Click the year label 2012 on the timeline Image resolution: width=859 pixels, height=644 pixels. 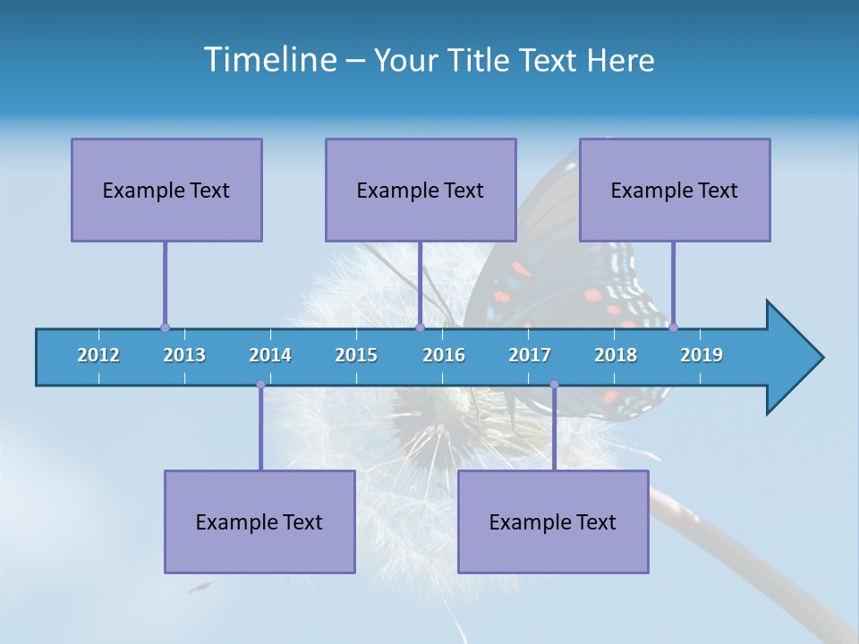coord(98,355)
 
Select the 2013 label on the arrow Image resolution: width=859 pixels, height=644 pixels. coord(184,355)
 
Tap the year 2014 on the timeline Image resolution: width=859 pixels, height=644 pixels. coord(270,355)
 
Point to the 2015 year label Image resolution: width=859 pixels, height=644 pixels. coord(356,355)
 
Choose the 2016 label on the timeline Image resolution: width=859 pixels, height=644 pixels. coord(444,355)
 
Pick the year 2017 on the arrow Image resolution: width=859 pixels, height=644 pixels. coord(530,355)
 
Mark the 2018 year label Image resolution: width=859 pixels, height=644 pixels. coord(616,355)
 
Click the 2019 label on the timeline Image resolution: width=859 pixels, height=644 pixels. coord(702,355)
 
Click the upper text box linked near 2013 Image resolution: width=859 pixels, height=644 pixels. coord(166,190)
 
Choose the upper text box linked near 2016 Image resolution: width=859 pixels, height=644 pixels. coord(421,190)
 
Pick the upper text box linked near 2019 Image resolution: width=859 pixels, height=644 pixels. coord(675,190)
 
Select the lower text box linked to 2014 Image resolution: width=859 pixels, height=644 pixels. coord(259,521)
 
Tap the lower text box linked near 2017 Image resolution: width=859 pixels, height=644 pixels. coord(553,521)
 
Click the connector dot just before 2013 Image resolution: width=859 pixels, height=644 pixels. coord(165,327)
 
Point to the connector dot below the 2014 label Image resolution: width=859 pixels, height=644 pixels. coord(260,385)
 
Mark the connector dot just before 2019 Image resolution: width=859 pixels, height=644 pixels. coord(673,327)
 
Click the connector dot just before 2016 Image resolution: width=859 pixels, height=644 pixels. coord(420,327)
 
